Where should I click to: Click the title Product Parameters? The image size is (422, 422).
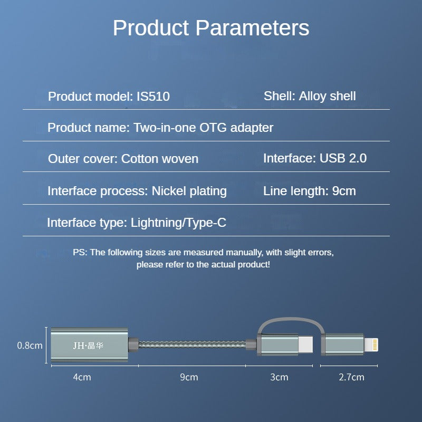click(211, 27)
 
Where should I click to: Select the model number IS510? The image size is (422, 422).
click(153, 97)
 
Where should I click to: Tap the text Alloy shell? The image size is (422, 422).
click(327, 96)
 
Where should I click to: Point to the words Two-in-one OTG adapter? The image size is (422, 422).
click(204, 128)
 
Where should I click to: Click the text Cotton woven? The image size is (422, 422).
click(160, 159)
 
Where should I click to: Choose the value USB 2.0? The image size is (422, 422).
click(343, 158)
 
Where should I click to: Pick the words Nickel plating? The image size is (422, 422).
click(189, 191)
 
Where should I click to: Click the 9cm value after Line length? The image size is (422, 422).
click(344, 191)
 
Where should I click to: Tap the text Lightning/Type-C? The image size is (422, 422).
click(178, 223)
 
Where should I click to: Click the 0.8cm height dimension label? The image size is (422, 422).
click(30, 346)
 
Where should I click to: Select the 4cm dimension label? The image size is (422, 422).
click(82, 377)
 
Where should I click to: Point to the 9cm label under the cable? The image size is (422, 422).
click(189, 377)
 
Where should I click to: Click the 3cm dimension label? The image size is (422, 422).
click(280, 377)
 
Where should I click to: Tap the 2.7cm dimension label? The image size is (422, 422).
click(351, 377)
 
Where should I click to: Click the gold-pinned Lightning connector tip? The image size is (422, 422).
click(372, 346)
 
